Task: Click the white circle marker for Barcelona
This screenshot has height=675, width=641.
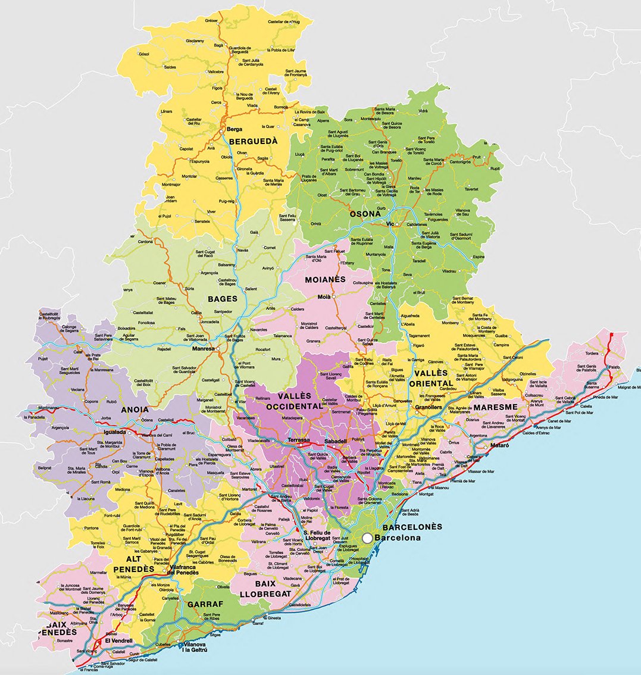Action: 367,537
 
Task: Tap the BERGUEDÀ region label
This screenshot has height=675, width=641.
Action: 254,142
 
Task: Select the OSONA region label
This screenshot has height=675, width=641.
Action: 365,214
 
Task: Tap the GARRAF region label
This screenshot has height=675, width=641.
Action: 205,604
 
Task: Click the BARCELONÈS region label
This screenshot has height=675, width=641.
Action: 412,527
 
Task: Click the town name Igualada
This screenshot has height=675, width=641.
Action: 113,432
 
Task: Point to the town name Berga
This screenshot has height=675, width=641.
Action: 233,129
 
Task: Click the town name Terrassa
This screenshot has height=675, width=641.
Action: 299,440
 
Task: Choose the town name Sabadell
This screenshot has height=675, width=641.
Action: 337,442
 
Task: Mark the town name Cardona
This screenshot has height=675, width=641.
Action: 146,242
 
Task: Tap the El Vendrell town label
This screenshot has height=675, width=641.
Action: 118,641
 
